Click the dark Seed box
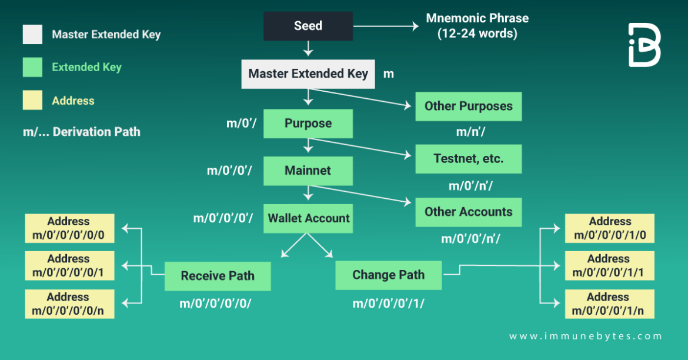click(308, 26)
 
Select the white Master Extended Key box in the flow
click(308, 74)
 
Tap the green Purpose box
click(308, 124)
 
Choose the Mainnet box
click(308, 171)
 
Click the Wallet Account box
click(308, 218)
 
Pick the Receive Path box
click(218, 276)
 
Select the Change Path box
click(388, 275)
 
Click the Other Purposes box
click(468, 106)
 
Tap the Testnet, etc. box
click(468, 159)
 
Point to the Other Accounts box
click(468, 212)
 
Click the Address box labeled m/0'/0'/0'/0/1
click(69, 266)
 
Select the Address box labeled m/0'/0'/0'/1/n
click(609, 304)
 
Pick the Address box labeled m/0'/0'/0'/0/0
click(69, 228)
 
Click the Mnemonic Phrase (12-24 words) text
click(477, 26)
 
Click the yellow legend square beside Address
click(32, 101)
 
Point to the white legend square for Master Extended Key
click(32, 34)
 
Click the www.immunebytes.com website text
click(585, 336)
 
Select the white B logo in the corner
click(644, 45)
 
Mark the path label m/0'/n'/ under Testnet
click(470, 186)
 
